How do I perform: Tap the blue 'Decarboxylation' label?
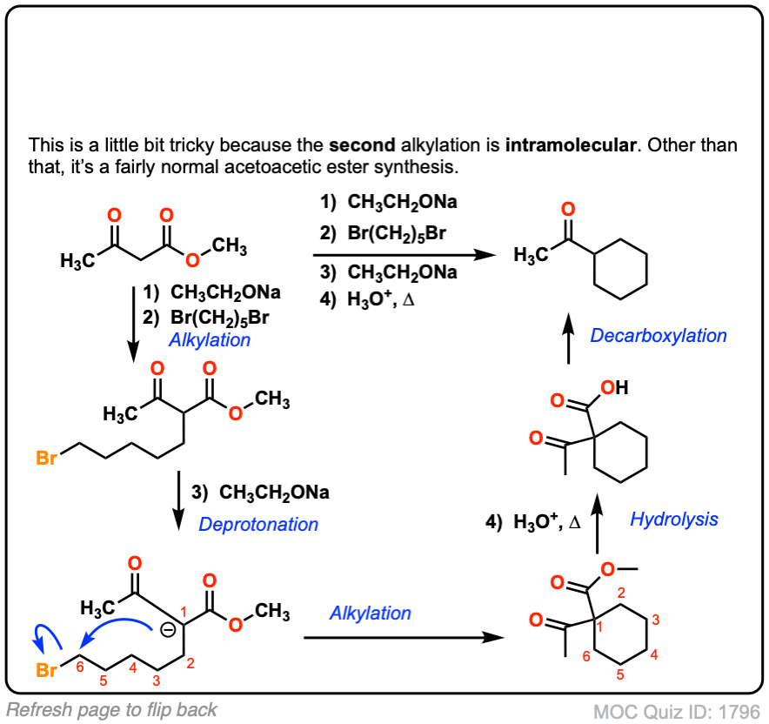coord(659,335)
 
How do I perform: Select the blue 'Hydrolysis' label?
coord(674,520)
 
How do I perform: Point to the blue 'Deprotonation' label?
coord(258,524)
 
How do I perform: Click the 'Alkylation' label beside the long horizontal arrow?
coord(370,613)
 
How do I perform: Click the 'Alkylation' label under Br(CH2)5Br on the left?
coord(210,339)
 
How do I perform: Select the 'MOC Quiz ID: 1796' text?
coord(677,711)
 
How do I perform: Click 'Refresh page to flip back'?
coord(111,709)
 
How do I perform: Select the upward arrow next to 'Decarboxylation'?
coord(567,334)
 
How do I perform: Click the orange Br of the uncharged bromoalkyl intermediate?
coord(47,456)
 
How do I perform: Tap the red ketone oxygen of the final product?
coord(567,210)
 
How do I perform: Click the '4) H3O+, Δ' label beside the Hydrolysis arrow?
coord(533,522)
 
